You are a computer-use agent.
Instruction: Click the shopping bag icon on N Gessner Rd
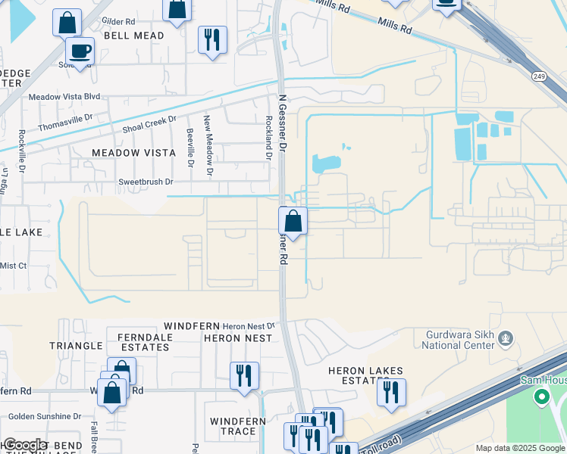293,222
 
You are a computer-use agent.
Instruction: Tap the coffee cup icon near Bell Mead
80,51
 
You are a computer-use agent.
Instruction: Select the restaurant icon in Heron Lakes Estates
391,393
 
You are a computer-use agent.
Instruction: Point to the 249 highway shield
539,76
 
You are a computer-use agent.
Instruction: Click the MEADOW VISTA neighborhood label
133,153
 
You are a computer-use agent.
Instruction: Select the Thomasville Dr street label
64,117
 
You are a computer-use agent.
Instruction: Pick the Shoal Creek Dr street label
149,124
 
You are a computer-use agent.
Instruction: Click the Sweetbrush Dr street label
146,182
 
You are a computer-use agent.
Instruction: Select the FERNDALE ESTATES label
143,341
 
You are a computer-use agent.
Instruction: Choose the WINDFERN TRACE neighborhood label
233,426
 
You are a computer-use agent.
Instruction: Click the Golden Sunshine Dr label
45,416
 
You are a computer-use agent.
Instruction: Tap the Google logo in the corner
24,445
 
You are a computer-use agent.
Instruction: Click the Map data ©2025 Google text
519,448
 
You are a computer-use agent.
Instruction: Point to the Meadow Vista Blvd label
64,97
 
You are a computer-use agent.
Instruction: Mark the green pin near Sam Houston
541,396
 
